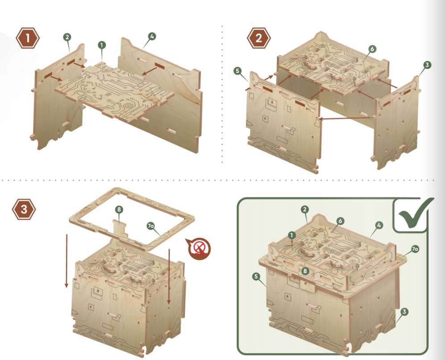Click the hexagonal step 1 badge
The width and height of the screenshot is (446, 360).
coord(28,38)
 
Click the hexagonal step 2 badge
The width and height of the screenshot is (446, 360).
coord(259,38)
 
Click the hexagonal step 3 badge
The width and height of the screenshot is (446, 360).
coord(24,209)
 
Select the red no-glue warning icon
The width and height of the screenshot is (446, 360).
coord(199,248)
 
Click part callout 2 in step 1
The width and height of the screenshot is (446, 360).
coord(67,37)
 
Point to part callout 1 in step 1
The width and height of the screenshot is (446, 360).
coord(102,45)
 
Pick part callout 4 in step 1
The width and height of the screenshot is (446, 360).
coord(152,37)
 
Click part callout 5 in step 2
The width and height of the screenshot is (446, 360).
coord(238,71)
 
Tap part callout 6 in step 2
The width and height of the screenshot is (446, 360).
coord(372,49)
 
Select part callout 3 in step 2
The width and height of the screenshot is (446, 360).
coord(427,65)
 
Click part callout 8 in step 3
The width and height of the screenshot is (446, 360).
coord(119,210)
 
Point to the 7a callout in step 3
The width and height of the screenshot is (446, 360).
coord(151,226)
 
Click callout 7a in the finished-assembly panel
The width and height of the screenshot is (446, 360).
coord(415,249)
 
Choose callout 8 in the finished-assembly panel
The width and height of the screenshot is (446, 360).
coord(305,271)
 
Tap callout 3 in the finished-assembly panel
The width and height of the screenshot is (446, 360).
coord(404,312)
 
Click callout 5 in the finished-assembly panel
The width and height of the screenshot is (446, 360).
coord(256,276)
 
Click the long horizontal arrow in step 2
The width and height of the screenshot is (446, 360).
coord(346,118)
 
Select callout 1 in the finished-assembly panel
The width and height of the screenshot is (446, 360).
coord(292,235)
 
